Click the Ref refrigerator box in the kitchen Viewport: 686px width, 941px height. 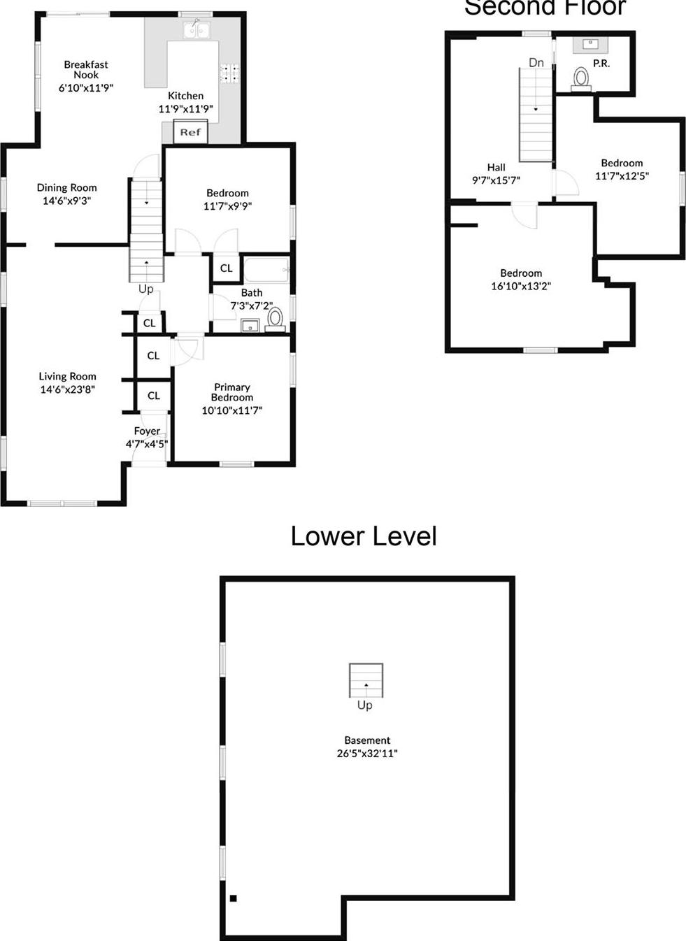190,132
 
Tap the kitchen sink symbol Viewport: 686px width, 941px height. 196,29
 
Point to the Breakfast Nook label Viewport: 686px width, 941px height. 86,69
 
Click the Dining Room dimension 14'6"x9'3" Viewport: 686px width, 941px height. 67,201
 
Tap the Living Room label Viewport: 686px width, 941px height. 68,376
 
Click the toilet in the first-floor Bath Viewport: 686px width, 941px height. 275,319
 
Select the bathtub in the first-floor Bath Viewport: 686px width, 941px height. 266,269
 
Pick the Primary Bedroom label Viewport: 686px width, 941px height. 232,392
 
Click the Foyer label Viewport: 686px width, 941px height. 147,431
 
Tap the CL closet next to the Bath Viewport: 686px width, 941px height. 227,268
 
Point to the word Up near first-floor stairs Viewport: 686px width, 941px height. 145,289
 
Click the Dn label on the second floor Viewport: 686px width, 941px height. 536,63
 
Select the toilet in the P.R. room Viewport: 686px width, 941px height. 581,78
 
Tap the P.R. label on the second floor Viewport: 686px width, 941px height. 601,63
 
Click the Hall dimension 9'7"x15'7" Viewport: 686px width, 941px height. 496,180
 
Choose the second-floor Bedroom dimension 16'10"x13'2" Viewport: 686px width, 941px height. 521,286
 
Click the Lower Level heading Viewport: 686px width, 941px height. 364,536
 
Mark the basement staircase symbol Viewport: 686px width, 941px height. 366,680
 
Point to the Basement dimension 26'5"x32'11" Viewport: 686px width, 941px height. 367,754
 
